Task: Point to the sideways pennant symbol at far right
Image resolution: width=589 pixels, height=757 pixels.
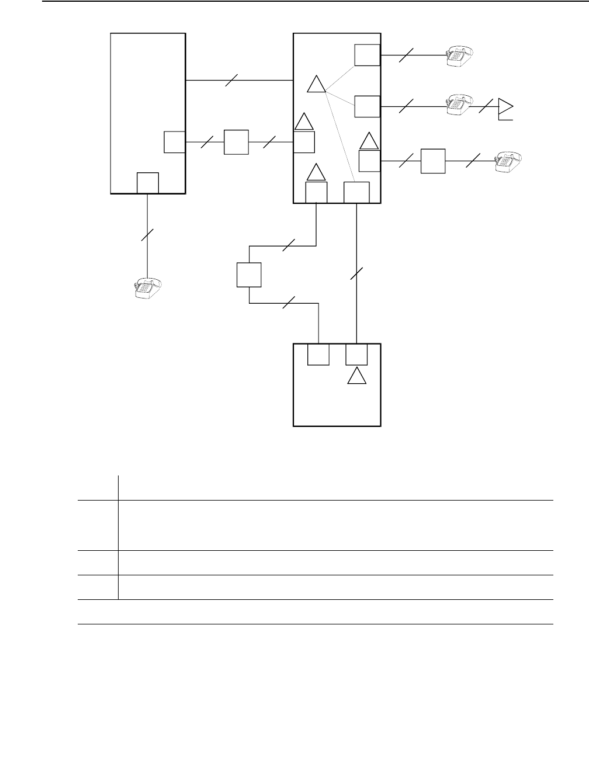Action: pos(505,108)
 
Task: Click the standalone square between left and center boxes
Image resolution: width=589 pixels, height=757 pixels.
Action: pos(236,143)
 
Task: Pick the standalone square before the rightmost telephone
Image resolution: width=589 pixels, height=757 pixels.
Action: pos(433,161)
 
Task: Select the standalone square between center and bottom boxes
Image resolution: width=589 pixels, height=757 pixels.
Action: pos(249,275)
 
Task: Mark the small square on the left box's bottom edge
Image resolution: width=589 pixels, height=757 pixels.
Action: pos(147,183)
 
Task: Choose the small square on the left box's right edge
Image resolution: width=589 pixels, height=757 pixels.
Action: pos(174,142)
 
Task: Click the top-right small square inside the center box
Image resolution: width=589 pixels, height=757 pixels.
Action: pos(367,55)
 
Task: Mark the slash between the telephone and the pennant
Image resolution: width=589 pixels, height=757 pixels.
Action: pos(484,106)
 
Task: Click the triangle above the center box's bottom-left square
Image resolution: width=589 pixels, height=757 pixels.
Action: pos(316,172)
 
